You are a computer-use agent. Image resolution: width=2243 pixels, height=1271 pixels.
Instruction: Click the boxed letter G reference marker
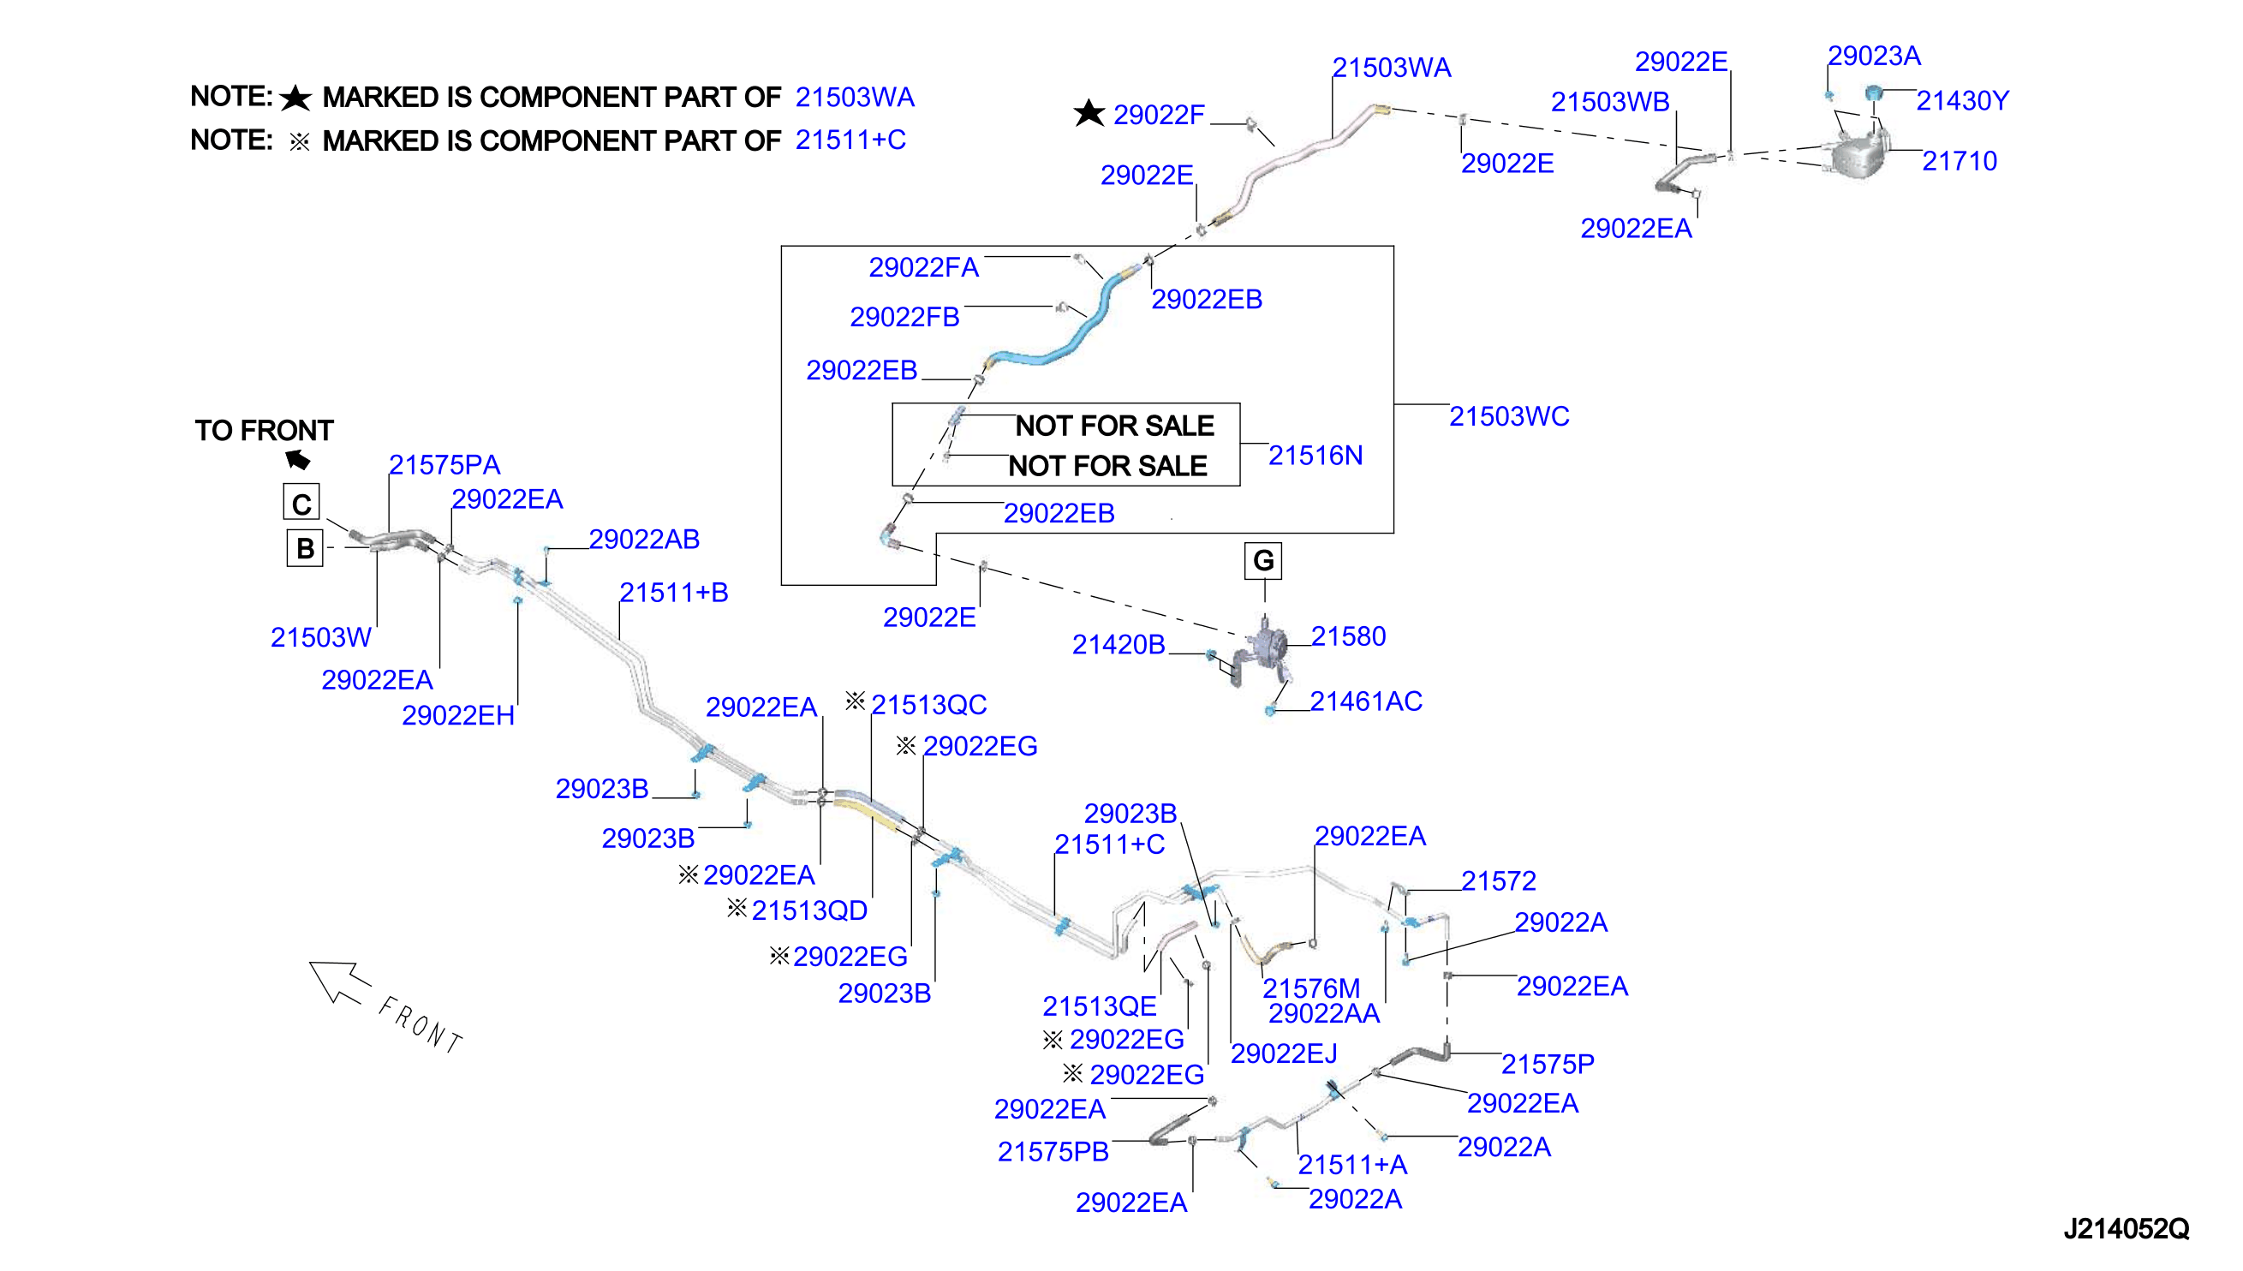coord(1262,560)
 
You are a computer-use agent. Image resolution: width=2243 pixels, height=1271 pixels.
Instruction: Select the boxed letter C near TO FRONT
coord(301,503)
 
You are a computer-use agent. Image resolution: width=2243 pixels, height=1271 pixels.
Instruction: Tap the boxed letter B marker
coord(305,548)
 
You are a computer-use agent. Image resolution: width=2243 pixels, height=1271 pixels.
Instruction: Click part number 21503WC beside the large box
coord(1509,416)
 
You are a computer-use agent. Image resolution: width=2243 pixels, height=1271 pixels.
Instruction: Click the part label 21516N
coord(1315,456)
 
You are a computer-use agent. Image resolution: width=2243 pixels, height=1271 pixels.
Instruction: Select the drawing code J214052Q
coord(2126,1229)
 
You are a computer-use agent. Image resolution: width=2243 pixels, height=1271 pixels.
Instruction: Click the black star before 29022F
coord(1089,113)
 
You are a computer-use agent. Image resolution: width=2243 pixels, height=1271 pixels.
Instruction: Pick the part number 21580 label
coord(1347,636)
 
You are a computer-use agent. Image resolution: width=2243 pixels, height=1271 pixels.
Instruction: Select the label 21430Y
coord(1962,101)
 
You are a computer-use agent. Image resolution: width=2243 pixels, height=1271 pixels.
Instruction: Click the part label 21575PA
coord(444,465)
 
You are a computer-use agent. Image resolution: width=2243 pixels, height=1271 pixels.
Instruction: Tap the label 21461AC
coord(1366,701)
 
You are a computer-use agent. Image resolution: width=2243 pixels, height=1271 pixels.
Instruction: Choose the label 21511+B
coord(673,593)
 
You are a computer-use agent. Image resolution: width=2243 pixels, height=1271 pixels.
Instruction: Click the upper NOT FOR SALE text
coord(1114,426)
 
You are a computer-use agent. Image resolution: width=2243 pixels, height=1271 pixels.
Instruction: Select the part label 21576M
coord(1311,988)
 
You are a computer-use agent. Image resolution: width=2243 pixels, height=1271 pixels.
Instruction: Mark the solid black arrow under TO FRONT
coord(298,459)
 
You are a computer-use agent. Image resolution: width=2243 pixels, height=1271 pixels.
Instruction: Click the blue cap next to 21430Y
coord(1873,92)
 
